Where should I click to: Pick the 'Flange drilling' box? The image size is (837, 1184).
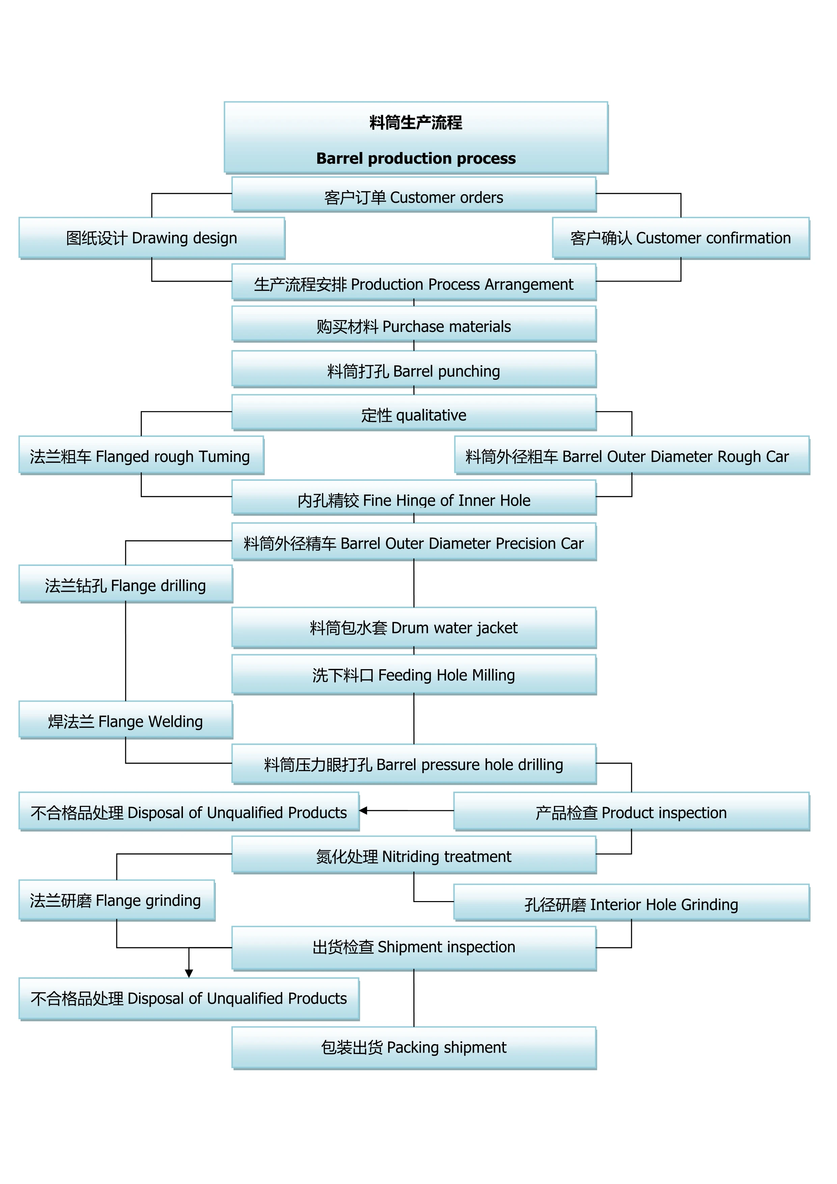click(126, 584)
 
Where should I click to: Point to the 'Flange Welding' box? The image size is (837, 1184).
click(126, 720)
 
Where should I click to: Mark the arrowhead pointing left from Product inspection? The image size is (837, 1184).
click(363, 811)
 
